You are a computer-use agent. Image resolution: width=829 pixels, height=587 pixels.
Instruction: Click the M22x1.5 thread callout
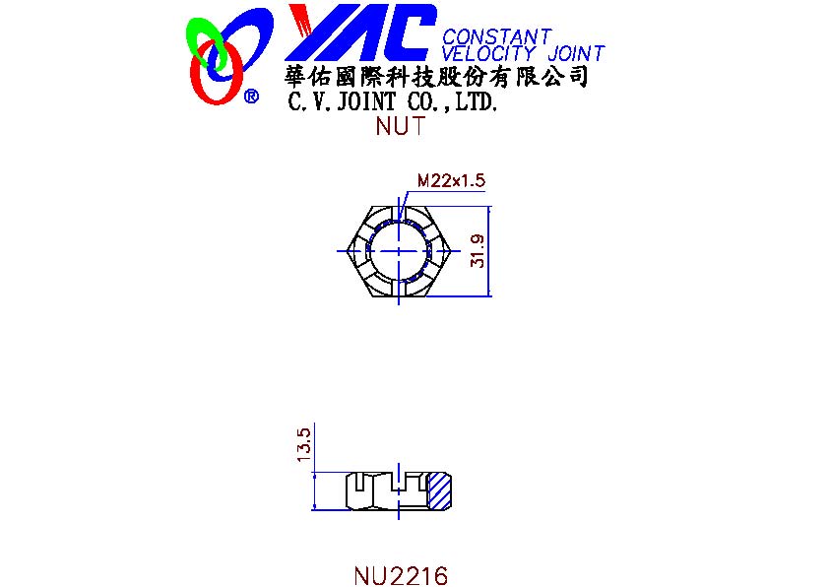tap(451, 181)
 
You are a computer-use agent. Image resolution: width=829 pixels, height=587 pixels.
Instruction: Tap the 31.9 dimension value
tap(478, 251)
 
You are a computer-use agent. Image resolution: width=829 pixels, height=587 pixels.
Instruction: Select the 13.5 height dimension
tap(304, 445)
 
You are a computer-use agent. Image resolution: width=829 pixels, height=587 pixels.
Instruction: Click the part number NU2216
tap(401, 575)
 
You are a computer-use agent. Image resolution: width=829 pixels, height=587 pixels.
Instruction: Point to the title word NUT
tap(401, 126)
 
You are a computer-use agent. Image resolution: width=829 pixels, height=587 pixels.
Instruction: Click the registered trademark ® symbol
tap(251, 97)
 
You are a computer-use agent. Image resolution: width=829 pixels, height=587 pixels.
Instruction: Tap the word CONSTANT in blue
tap(496, 36)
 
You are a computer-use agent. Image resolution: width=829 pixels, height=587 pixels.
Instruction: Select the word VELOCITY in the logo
tap(489, 53)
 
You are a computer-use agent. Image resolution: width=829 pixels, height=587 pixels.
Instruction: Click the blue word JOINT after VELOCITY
tap(576, 53)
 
